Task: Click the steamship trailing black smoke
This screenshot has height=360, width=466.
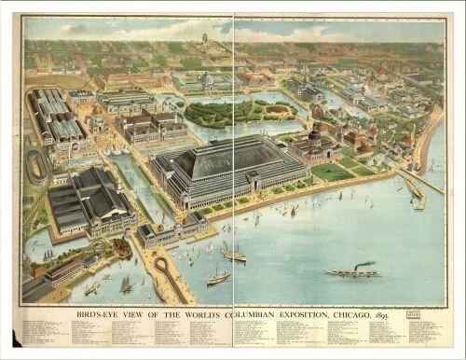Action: pos(352,272)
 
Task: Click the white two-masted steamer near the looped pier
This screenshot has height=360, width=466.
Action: pos(218,277)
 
